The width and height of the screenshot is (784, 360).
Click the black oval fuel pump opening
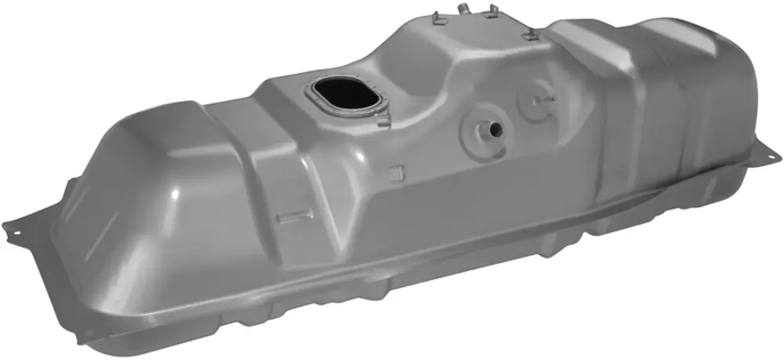click(x=344, y=94)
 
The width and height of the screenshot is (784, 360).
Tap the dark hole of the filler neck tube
click(x=495, y=128)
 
